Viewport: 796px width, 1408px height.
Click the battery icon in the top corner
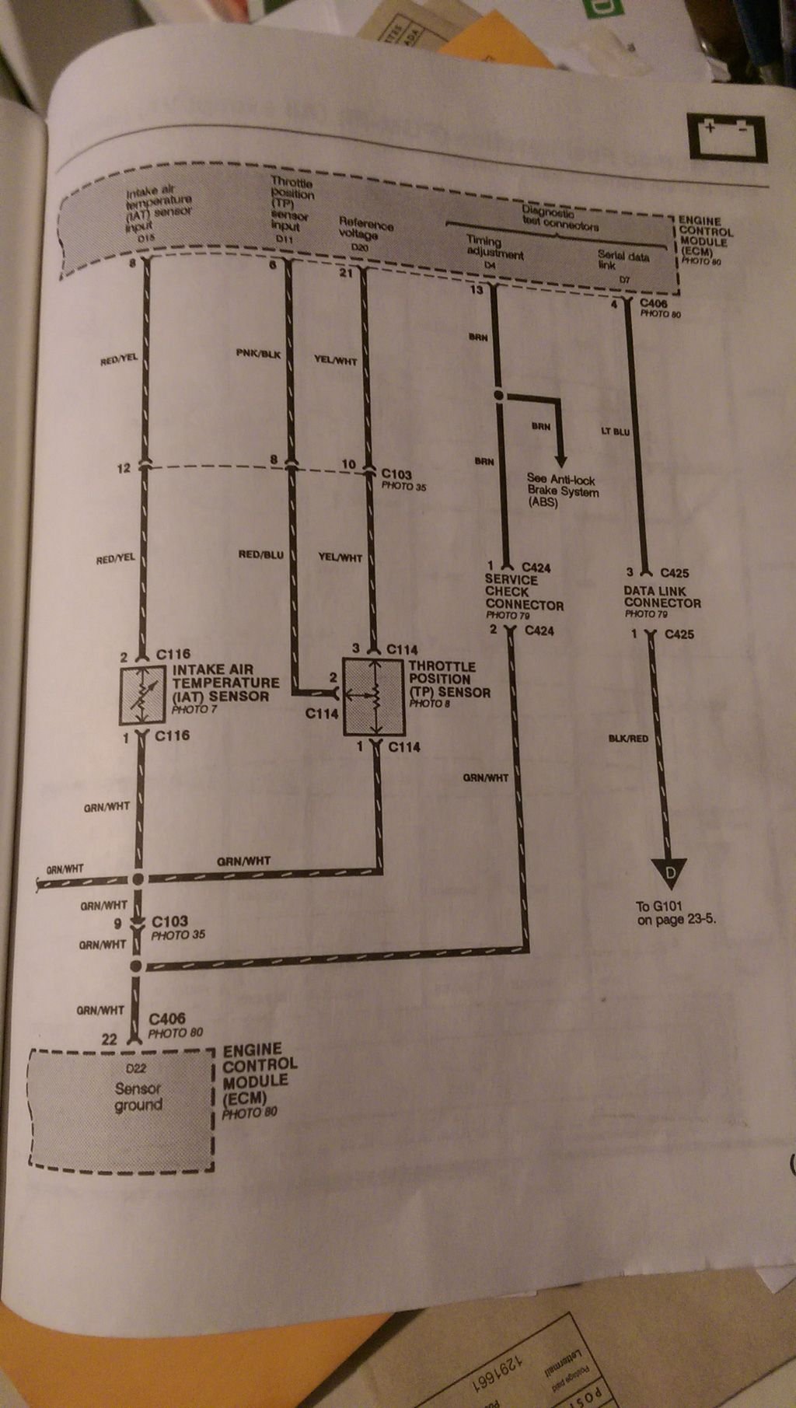(727, 138)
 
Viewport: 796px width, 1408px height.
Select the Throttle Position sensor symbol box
(375, 697)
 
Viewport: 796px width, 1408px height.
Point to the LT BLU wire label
(616, 431)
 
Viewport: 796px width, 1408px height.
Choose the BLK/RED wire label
(628, 738)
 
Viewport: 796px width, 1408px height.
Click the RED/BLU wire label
(260, 555)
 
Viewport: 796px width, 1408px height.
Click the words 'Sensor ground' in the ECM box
(138, 1096)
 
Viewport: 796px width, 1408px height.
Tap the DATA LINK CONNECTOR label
(662, 597)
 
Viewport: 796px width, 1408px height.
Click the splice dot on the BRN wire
(499, 396)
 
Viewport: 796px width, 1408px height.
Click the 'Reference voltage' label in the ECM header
(364, 229)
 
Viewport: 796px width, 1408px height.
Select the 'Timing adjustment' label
(494, 247)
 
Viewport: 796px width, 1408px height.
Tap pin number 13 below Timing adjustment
(476, 290)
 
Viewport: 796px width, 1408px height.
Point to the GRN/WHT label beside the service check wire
(485, 777)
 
